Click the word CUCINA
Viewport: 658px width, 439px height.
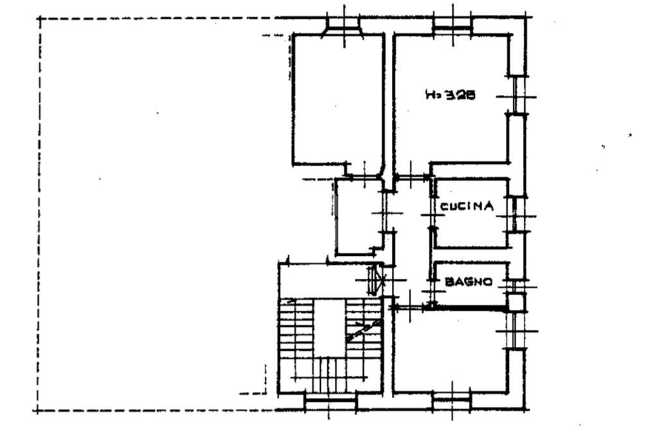(x=467, y=206)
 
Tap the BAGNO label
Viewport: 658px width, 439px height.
(x=468, y=282)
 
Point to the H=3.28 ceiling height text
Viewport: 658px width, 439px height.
(x=450, y=95)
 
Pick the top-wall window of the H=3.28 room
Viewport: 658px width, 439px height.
(x=452, y=26)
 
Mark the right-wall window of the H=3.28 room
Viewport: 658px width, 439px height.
(x=516, y=95)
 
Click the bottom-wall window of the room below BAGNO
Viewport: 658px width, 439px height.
(x=452, y=401)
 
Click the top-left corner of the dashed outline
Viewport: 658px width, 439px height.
(x=40, y=19)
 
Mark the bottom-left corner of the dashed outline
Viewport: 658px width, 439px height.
(x=38, y=411)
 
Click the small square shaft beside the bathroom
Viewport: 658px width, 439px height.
(x=516, y=303)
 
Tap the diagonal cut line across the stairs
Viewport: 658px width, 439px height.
(x=364, y=331)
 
